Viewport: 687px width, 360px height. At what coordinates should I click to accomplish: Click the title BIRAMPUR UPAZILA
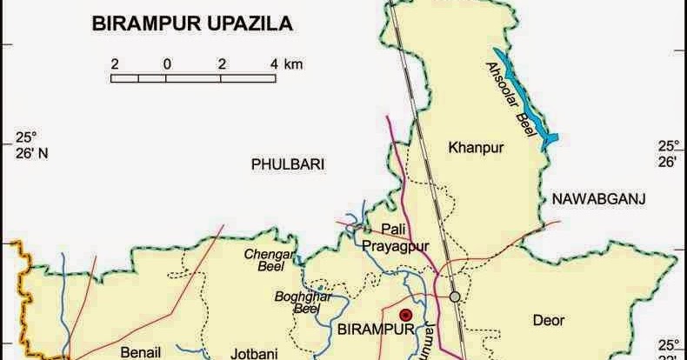pos(192,25)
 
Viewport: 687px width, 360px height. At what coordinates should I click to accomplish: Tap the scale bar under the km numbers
pos(194,78)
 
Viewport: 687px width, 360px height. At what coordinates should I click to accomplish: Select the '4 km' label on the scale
pos(286,63)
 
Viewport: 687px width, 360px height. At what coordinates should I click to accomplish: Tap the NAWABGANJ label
pos(597,199)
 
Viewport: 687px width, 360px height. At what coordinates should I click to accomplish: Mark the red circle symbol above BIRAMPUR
pos(404,315)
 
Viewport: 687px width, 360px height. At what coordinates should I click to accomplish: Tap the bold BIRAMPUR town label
pos(372,331)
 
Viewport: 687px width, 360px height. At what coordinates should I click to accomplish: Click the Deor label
pos(549,320)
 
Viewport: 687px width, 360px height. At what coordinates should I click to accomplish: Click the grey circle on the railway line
pos(455,297)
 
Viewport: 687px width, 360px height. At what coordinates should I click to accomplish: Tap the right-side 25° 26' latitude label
pos(667,153)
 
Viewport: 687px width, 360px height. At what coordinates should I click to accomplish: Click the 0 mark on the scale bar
pos(166,63)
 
